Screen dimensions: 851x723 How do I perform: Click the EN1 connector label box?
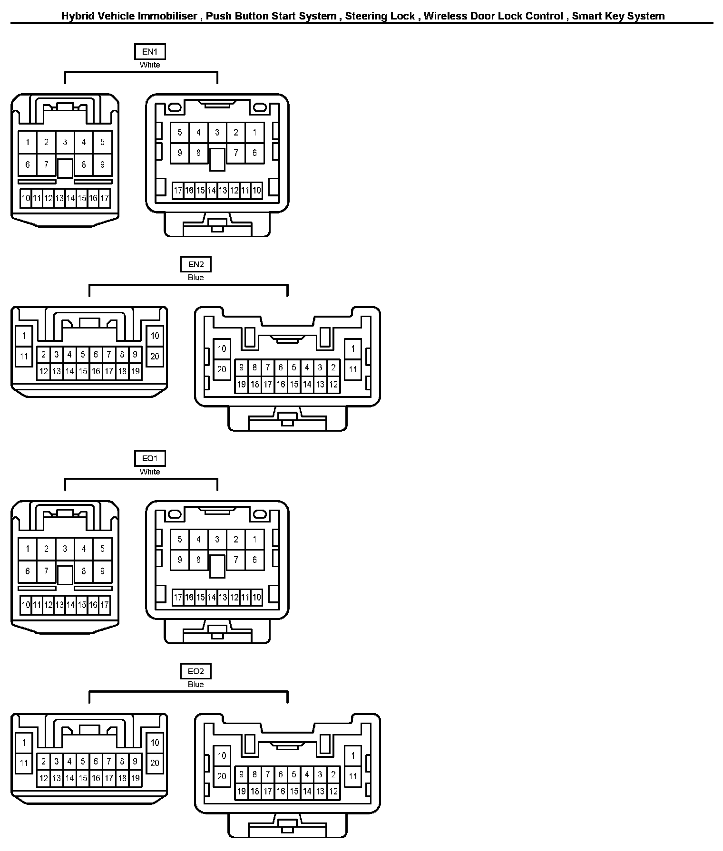(x=149, y=51)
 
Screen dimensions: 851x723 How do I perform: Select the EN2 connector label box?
(x=195, y=264)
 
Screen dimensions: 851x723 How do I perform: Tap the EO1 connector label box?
(x=149, y=458)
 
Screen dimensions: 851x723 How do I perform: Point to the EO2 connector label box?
(x=195, y=671)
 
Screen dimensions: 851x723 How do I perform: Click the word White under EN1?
(x=149, y=65)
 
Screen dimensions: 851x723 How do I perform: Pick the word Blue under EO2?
(x=195, y=685)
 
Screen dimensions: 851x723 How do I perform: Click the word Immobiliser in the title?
(x=167, y=16)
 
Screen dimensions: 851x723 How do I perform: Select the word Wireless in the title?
(x=445, y=16)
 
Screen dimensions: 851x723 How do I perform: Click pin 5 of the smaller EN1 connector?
(x=102, y=142)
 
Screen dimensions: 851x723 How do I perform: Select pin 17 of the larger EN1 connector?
(x=178, y=191)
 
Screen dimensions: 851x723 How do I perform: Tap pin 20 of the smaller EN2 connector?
(x=155, y=356)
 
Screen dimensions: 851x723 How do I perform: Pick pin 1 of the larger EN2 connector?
(x=352, y=348)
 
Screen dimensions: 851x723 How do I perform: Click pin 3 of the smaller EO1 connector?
(x=65, y=549)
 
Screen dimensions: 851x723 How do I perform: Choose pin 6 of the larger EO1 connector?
(x=254, y=560)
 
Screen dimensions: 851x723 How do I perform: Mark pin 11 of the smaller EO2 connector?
(x=24, y=763)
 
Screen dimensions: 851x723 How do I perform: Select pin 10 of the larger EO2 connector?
(x=222, y=755)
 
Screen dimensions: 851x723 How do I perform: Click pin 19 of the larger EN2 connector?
(x=242, y=384)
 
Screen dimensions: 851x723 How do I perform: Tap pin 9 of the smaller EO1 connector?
(x=102, y=571)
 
